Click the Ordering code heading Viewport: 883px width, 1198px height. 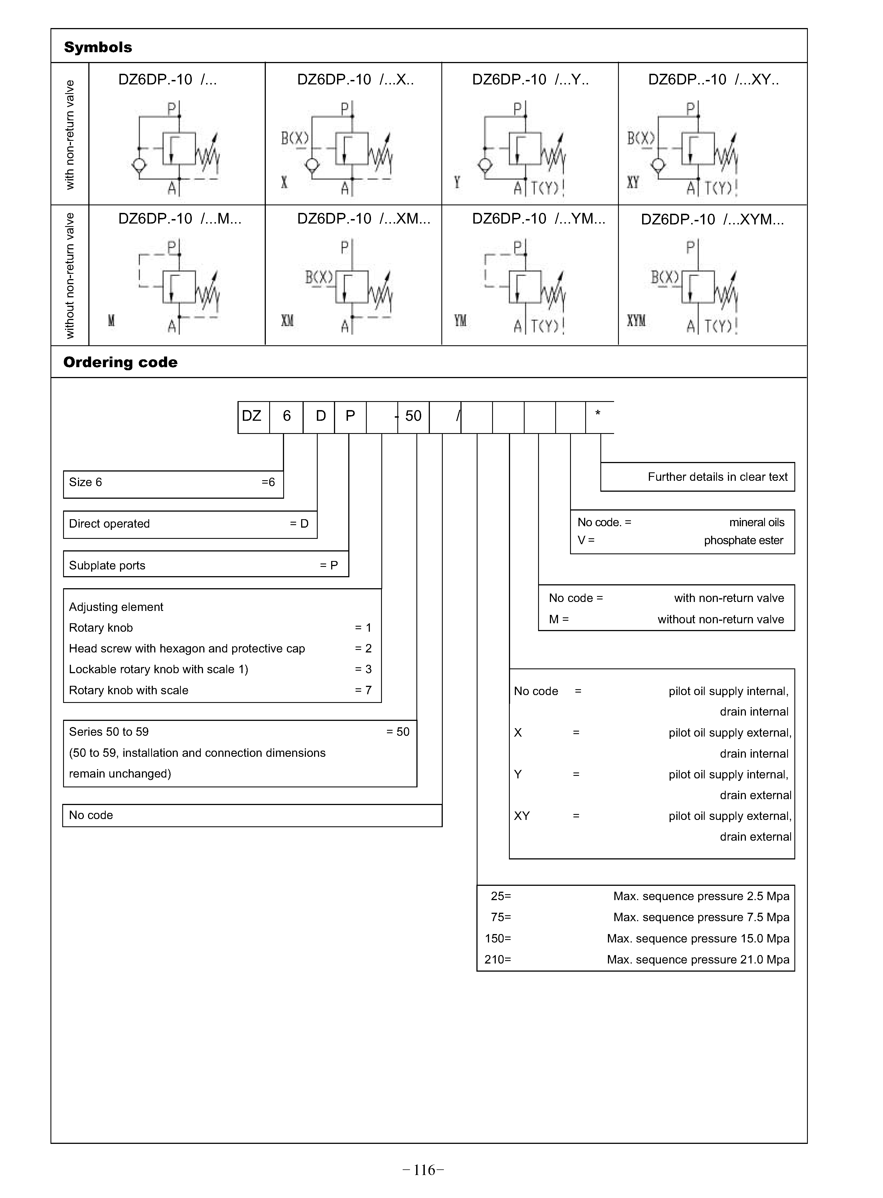coord(120,362)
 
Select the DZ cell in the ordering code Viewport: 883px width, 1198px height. coord(252,416)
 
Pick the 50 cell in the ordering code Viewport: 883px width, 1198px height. coord(413,416)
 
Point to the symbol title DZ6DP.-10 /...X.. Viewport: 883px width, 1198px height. coord(356,80)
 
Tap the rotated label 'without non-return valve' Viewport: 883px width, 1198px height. coord(70,275)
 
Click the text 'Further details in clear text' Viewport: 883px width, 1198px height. coord(717,477)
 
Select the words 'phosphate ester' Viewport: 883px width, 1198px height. coord(743,541)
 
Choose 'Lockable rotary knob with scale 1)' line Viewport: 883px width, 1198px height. coord(158,669)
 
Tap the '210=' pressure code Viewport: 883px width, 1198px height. coord(498,960)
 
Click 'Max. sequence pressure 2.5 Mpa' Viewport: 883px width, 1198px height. coord(701,896)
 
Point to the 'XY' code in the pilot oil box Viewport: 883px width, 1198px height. coord(522,816)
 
